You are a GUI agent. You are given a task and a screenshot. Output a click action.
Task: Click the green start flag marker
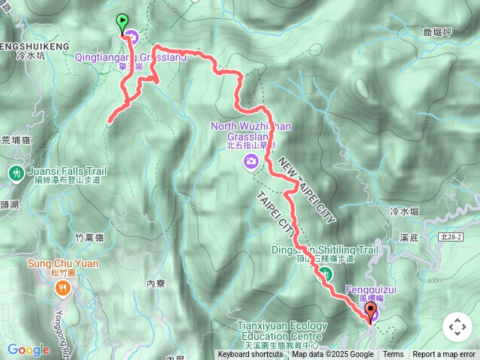pyautogui.click(x=122, y=22)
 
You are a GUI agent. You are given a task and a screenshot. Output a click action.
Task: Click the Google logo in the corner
pyautogui.click(x=28, y=349)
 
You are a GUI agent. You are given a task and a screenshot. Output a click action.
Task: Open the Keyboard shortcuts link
pyautogui.click(x=250, y=355)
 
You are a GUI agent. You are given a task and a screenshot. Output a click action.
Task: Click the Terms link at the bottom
pyautogui.click(x=393, y=355)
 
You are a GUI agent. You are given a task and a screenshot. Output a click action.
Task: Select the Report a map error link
pyautogui.click(x=444, y=355)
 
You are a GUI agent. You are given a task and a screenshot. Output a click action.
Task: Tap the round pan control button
pyautogui.click(x=457, y=327)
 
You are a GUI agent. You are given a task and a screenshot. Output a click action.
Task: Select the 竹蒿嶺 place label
pyautogui.click(x=89, y=238)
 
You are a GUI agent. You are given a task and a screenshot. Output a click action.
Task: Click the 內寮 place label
pyautogui.click(x=155, y=283)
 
